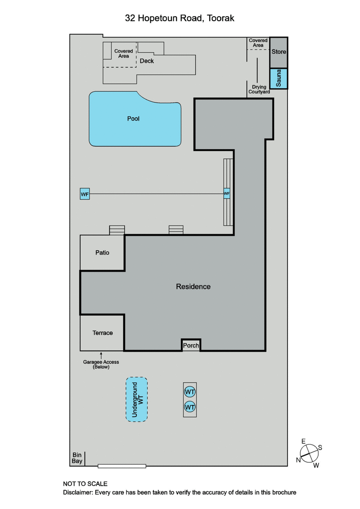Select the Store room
(279, 52)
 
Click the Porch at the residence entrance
(191, 345)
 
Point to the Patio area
(102, 253)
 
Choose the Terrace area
(102, 333)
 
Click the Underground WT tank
(136, 399)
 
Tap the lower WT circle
(190, 407)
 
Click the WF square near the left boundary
(85, 194)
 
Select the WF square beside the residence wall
(227, 194)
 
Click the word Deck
(147, 61)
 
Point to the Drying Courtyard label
(259, 89)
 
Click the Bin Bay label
(76, 458)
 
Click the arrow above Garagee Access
(101, 356)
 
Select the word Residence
(193, 286)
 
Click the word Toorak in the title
(220, 18)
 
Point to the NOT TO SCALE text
(85, 484)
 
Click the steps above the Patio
(117, 230)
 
